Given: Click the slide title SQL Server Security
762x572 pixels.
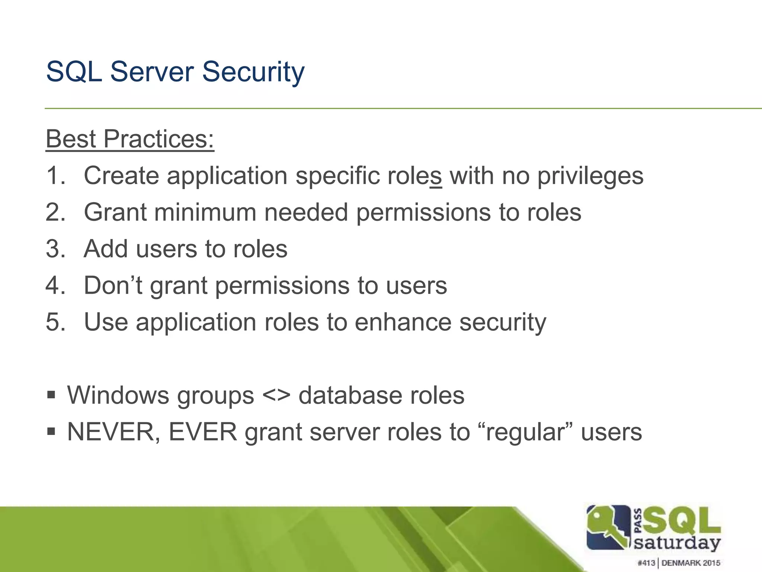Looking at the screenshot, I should click(175, 71).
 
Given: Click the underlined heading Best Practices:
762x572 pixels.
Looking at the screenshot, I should click(130, 139).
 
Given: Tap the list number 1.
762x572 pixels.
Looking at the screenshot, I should click(55, 175).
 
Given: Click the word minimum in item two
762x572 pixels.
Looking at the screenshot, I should click(205, 212).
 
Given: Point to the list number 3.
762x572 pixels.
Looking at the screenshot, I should click(55, 249).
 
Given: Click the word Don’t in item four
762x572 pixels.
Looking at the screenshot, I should click(113, 285).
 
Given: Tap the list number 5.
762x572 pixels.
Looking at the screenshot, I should click(55, 322).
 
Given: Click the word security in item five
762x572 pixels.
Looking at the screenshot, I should click(503, 322).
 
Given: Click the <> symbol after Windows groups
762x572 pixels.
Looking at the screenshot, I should click(276, 395).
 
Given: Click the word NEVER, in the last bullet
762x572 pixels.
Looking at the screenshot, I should click(114, 432).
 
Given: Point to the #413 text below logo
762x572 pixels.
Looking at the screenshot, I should click(646, 563).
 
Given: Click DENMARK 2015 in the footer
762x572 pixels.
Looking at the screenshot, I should click(691, 563).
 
